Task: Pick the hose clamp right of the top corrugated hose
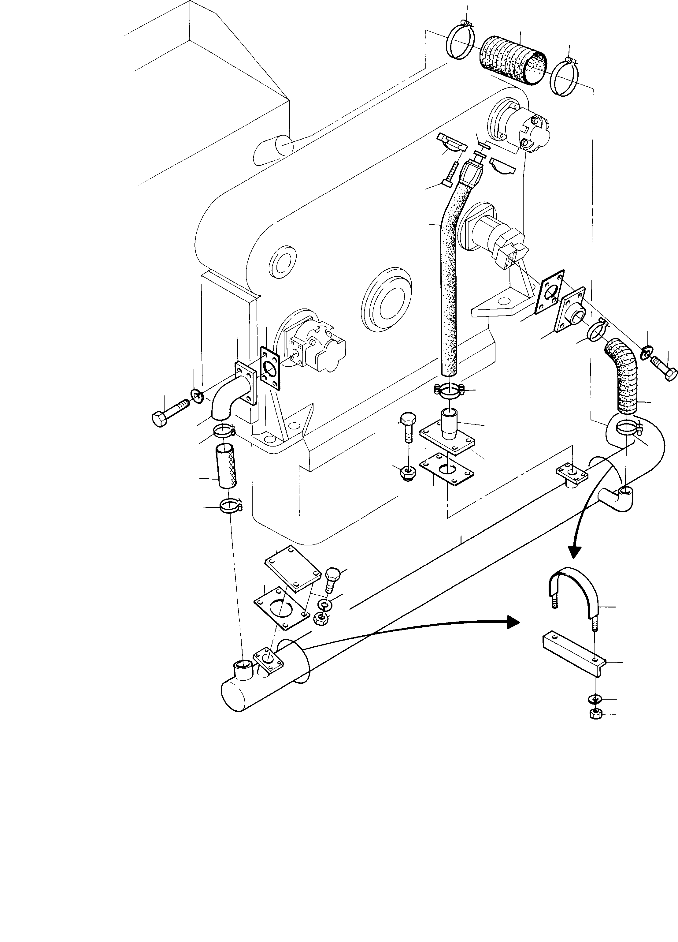click(x=566, y=77)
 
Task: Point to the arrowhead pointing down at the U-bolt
click(x=575, y=551)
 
